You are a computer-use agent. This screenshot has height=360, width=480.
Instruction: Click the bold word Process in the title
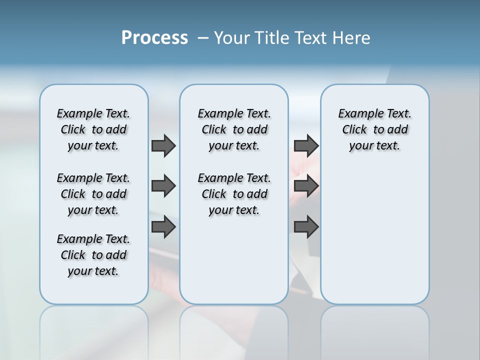154,37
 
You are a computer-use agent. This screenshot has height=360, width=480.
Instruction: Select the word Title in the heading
273,38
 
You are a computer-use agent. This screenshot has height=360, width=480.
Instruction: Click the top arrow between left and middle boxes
163,146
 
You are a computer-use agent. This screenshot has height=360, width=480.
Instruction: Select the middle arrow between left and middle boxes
163,186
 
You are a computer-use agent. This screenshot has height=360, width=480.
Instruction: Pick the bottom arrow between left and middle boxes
163,227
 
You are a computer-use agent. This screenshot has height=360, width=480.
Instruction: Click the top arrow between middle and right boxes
306,146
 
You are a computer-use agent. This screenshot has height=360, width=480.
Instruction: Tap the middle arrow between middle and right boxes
306,186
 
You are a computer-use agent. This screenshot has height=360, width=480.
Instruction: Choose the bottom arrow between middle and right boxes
306,227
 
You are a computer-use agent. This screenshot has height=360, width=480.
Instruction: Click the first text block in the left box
93,129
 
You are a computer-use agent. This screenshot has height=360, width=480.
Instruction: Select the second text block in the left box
93,194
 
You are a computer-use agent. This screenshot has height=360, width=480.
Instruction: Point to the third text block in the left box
93,255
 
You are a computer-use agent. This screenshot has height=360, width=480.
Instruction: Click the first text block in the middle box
234,129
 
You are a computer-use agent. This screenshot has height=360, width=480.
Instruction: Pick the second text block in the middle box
234,194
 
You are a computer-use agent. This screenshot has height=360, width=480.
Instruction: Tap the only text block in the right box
374,129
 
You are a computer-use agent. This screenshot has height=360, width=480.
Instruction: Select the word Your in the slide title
232,38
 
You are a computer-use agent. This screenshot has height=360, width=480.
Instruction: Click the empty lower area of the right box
374,235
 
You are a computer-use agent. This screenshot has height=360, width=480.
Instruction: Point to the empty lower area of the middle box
234,260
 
